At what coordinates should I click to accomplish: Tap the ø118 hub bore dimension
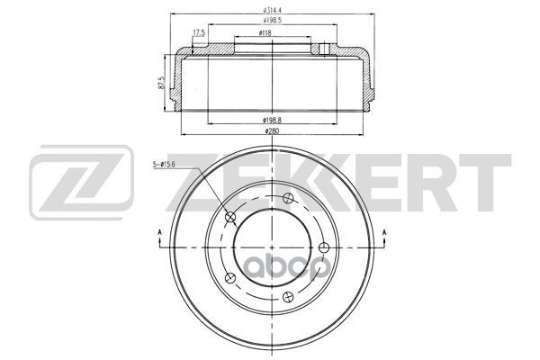265,33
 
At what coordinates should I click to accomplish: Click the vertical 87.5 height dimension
161,85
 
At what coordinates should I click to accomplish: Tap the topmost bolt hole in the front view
287,199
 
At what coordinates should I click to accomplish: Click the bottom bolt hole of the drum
287,296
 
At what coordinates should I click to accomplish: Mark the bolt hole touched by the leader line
229,217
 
